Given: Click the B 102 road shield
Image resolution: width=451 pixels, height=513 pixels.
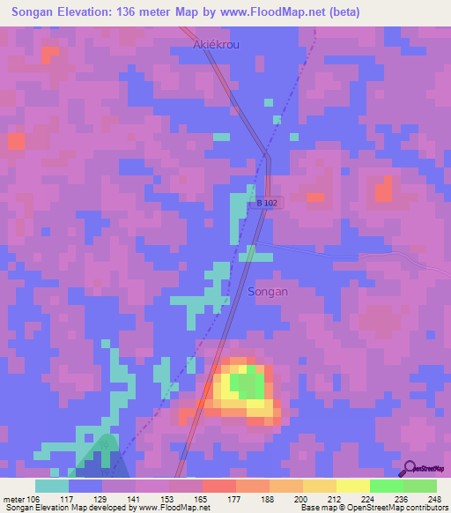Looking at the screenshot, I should click(x=268, y=203).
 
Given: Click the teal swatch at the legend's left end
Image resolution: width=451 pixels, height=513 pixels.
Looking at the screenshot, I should click(x=52, y=486).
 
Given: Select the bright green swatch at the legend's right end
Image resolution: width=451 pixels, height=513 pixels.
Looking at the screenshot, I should click(x=419, y=486).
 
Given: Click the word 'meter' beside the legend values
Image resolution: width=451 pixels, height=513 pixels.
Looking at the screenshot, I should click(x=12, y=498).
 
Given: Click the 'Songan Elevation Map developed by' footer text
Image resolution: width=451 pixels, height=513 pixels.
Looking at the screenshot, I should click(x=63, y=508).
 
